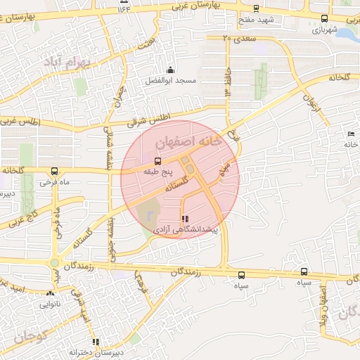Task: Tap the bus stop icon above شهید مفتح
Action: [255, 9]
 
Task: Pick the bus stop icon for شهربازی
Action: [323, 19]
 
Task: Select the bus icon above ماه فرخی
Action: [54, 171]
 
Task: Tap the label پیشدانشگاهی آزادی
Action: [184, 231]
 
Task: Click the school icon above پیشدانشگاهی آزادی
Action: [185, 219]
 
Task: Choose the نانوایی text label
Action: [50, 304]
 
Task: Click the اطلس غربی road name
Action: [20, 122]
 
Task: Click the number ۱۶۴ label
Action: [124, 8]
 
